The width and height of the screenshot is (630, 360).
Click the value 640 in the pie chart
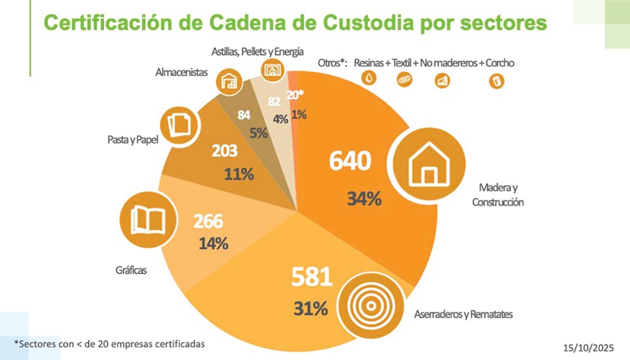pos(350,161)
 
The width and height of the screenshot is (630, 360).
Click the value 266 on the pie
pos(208,222)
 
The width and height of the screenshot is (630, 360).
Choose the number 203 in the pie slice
pos(224,151)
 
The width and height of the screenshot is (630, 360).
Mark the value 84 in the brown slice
pos(244,116)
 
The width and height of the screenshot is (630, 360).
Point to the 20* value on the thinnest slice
pos(296,95)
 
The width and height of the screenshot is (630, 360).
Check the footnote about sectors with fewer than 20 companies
pos(109,344)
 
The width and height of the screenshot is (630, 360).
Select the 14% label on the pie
pos(213,244)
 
